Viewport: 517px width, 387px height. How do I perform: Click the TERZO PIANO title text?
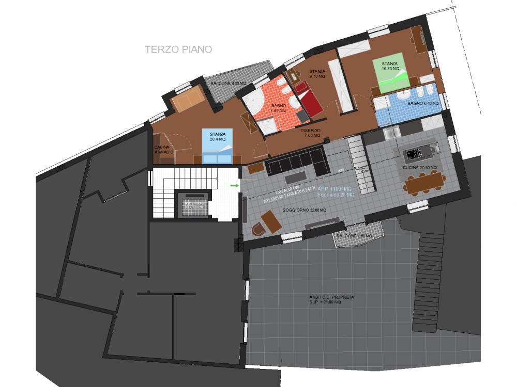point(178,50)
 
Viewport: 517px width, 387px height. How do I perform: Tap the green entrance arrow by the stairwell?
point(234,185)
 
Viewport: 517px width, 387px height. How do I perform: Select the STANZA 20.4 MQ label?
point(218,137)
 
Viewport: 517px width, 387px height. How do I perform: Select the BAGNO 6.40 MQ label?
point(422,104)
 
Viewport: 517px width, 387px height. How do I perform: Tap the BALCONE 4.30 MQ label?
point(228,83)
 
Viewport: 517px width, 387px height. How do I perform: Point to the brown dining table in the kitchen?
point(425,181)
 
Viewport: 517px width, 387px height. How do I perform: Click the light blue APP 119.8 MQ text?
point(336,189)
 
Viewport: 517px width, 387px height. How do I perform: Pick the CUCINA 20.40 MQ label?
point(420,168)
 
